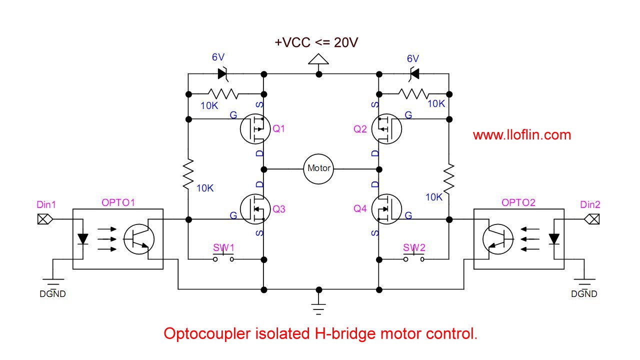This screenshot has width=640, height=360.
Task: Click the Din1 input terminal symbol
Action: click(45, 219)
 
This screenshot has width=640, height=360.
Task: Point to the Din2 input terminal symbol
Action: click(591, 219)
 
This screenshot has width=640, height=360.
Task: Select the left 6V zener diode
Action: click(222, 74)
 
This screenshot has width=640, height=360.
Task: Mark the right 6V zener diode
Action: click(414, 74)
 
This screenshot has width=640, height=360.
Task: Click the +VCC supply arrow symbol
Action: click(318, 59)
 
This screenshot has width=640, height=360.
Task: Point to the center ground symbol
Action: click(318, 309)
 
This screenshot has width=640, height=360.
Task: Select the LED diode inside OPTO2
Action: click(554, 239)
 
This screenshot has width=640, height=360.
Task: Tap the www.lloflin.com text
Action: click(521, 135)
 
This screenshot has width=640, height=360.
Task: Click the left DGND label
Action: click(52, 293)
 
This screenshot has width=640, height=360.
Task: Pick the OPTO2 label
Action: click(518, 202)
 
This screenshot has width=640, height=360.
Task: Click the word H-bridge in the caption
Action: click(345, 333)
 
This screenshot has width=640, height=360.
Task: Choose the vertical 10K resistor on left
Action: click(188, 174)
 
